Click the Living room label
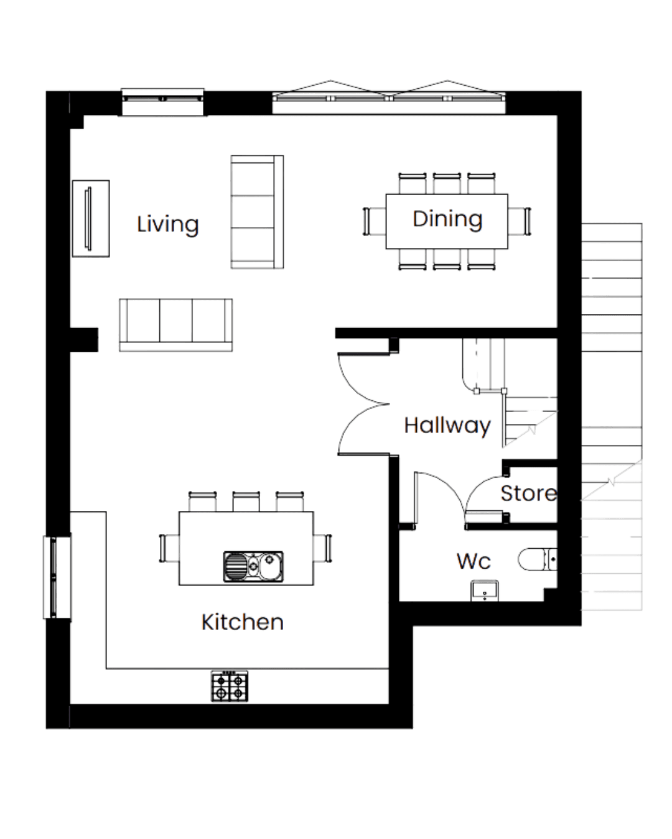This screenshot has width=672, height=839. [x=168, y=224]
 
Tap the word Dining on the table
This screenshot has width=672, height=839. [x=447, y=219]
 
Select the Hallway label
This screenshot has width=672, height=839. [x=447, y=425]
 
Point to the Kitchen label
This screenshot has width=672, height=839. [x=243, y=622]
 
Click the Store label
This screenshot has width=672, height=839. [x=529, y=493]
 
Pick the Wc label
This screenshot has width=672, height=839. [x=474, y=561]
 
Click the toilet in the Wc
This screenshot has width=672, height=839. [x=538, y=559]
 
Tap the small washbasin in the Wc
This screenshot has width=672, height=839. [x=485, y=590]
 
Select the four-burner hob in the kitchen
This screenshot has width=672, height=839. [x=230, y=686]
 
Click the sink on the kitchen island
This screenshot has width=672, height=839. [x=253, y=567]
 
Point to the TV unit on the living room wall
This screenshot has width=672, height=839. [x=91, y=219]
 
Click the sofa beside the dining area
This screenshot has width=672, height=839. [x=258, y=212]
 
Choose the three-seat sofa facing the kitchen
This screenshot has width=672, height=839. [x=175, y=325]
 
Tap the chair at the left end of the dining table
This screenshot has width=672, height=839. [x=375, y=221]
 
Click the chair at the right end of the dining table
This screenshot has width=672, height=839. [x=520, y=221]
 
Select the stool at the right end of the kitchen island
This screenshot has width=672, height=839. [x=322, y=548]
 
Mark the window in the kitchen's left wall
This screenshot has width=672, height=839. [x=57, y=577]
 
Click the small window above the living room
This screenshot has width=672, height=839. [x=162, y=102]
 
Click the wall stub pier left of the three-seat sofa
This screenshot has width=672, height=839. [x=84, y=339]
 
